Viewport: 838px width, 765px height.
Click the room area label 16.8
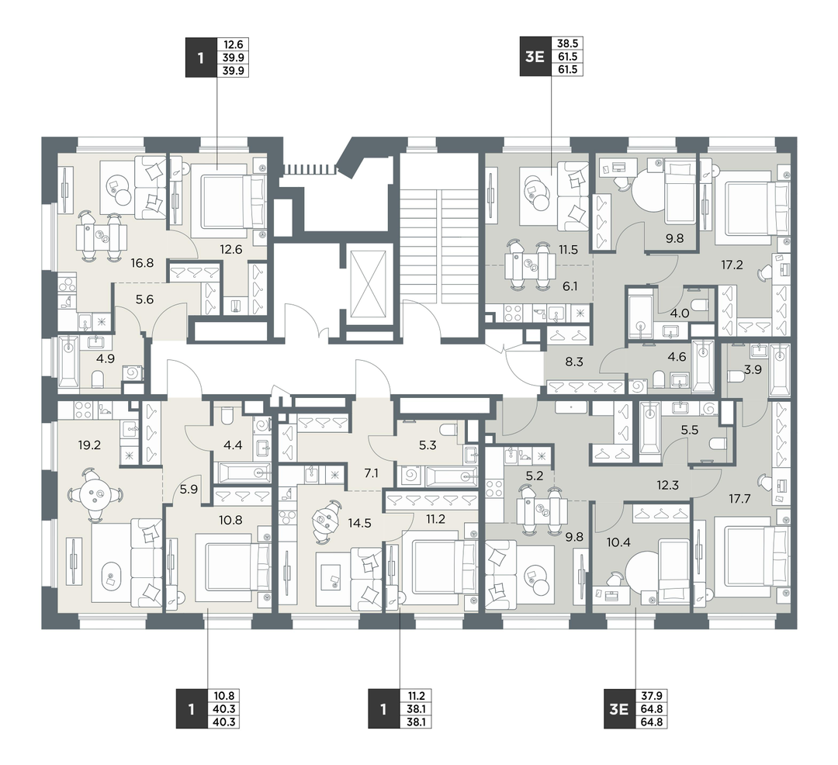click(x=142, y=263)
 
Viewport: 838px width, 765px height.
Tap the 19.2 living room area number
click(x=89, y=445)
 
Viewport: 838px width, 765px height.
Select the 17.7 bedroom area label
click(x=739, y=499)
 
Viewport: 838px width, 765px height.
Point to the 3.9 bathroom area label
click(x=753, y=369)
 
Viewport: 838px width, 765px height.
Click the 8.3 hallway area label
click(x=574, y=362)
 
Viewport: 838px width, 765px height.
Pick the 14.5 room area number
click(x=359, y=523)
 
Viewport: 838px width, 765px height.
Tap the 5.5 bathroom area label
click(x=690, y=430)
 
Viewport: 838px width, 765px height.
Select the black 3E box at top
click(x=535, y=56)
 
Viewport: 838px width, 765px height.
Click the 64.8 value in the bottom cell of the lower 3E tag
click(x=652, y=722)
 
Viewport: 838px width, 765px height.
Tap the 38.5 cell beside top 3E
click(x=567, y=43)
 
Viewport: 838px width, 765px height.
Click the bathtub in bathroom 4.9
click(x=68, y=362)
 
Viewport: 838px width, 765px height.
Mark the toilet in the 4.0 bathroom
click(x=698, y=304)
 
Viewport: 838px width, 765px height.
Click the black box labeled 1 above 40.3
click(x=191, y=709)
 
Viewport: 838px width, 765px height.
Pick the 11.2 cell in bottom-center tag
click(x=416, y=696)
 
